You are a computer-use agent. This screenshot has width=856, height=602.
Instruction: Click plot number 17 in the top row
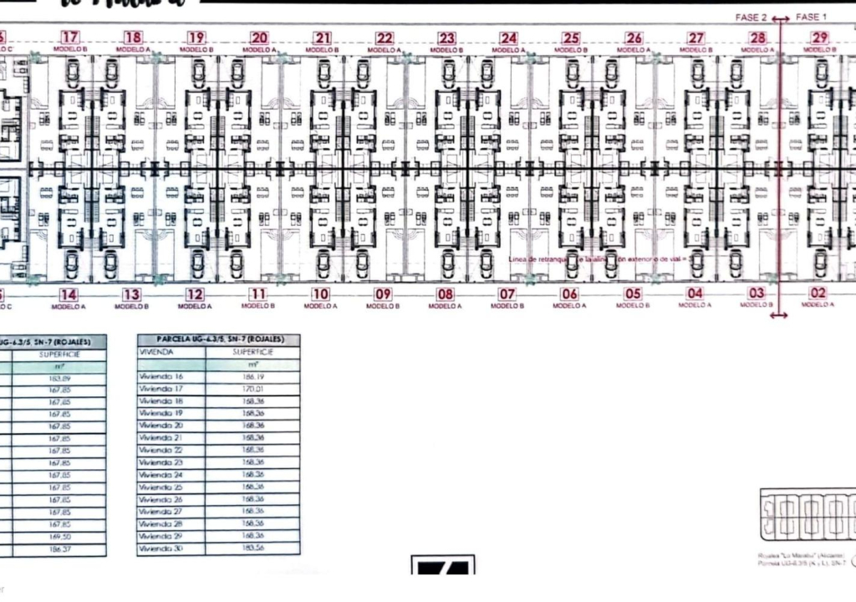[70, 38]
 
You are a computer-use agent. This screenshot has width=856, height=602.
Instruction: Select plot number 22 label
[385, 38]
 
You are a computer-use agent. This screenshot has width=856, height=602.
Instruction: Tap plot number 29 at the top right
[819, 38]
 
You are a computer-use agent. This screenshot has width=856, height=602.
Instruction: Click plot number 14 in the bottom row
[69, 294]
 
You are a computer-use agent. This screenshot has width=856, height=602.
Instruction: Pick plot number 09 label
[383, 294]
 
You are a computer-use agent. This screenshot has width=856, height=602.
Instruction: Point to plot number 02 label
[818, 293]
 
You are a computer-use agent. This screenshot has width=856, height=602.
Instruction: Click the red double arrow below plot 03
[778, 315]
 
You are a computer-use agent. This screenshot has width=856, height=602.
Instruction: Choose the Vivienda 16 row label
[160, 377]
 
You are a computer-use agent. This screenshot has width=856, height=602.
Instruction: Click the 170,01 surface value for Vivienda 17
[252, 389]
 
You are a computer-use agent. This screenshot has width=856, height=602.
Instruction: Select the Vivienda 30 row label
[160, 548]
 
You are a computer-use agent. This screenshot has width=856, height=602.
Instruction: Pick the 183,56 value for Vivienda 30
[252, 548]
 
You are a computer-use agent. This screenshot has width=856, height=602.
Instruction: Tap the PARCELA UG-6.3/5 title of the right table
[219, 339]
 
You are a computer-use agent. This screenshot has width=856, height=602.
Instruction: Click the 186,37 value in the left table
[60, 548]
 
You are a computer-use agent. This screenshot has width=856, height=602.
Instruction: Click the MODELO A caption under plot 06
[569, 306]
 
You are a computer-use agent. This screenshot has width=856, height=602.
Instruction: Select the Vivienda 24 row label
[160, 475]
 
